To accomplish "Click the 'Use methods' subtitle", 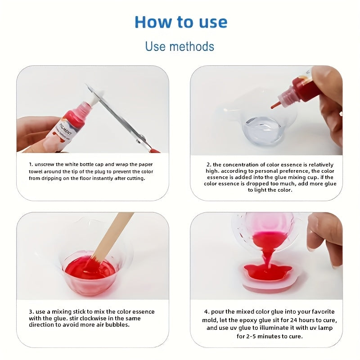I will coord(180,46).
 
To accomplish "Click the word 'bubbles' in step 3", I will coord(117,325).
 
